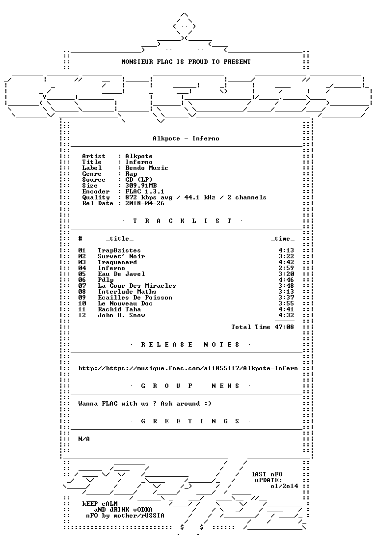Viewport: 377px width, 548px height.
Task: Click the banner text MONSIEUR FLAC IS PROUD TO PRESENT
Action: pyautogui.click(x=186, y=62)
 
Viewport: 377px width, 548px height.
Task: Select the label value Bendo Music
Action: pyautogui.click(x=147, y=168)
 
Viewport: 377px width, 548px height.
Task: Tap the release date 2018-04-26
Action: pyautogui.click(x=145, y=203)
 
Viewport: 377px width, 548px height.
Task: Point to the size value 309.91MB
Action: pyautogui.click(x=141, y=186)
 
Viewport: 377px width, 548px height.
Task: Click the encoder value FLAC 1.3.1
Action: pyautogui.click(x=145, y=192)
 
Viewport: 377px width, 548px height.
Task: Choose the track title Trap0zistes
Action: pyautogui.click(x=119, y=250)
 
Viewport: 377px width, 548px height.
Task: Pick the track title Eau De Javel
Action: pyautogui.click(x=121, y=274)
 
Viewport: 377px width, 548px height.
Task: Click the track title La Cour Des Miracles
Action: pyautogui.click(x=137, y=286)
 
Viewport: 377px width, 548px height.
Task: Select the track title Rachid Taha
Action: pyautogui.click(x=119, y=309)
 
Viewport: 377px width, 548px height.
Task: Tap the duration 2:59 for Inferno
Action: pyautogui.click(x=286, y=268)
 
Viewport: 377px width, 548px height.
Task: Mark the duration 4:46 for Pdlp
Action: pyautogui.click(x=286, y=280)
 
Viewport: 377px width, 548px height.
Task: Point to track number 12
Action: pyautogui.click(x=82, y=315)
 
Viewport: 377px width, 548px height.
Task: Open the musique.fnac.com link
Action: pyautogui.click(x=188, y=368)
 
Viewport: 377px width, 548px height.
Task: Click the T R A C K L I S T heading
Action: pyautogui.click(x=182, y=221)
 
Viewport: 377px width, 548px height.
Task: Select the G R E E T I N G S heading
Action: pyautogui.click(x=190, y=421)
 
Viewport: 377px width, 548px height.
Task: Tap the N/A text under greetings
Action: pyautogui.click(x=84, y=439)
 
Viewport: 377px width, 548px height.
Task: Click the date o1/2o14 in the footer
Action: pyautogui.click(x=284, y=486)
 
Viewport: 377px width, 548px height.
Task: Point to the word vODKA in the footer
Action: pyautogui.click(x=142, y=510)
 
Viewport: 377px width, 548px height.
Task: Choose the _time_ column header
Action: pyautogui.click(x=282, y=239)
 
